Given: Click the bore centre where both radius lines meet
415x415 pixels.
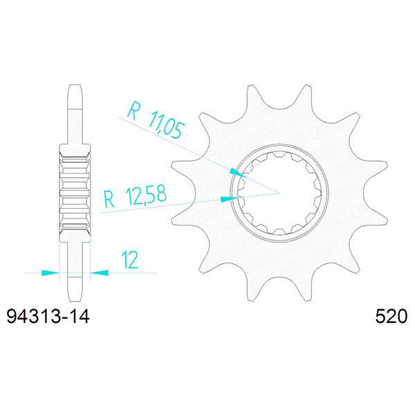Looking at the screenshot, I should [x=278, y=191].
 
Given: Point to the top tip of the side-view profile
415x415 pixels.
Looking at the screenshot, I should [x=74, y=85].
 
